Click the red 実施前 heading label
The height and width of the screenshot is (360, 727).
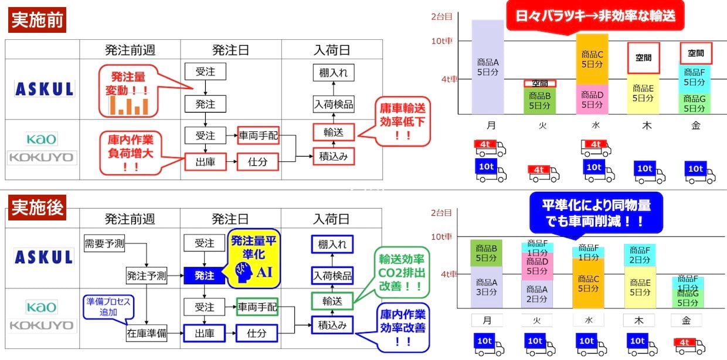pyautogui.click(x=37, y=20)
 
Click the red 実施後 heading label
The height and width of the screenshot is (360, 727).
pyautogui.click(x=37, y=208)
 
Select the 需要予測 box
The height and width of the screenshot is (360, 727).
pyautogui.click(x=104, y=243)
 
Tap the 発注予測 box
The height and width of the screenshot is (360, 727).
pyautogui.click(x=147, y=276)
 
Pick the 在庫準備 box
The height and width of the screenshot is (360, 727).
pyautogui.click(x=147, y=333)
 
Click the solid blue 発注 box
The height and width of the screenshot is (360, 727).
pyautogui.click(x=204, y=276)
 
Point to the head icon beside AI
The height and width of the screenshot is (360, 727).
pyautogui.click(x=243, y=272)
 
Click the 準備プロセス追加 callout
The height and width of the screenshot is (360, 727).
pyautogui.click(x=108, y=307)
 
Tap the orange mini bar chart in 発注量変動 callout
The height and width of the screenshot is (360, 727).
pyautogui.click(x=129, y=106)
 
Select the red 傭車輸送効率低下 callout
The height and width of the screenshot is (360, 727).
pyautogui.click(x=402, y=121)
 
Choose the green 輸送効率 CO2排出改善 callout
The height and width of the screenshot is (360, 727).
pyautogui.click(x=401, y=273)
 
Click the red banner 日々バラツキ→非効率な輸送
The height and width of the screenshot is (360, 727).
pyautogui.click(x=595, y=17)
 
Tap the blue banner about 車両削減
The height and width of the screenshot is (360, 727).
pyautogui.click(x=596, y=213)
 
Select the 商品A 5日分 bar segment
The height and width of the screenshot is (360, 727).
pyautogui.click(x=487, y=67)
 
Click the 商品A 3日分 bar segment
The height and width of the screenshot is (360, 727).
pyautogui.click(x=486, y=287)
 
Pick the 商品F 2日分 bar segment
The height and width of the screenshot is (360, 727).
pyautogui.click(x=640, y=255)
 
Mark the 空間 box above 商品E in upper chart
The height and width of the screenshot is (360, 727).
pyautogui.click(x=643, y=58)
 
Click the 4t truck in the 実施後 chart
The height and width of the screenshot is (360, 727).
pyautogui.click(x=689, y=346)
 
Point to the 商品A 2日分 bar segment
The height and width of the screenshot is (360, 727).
pyautogui.click(x=537, y=294)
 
